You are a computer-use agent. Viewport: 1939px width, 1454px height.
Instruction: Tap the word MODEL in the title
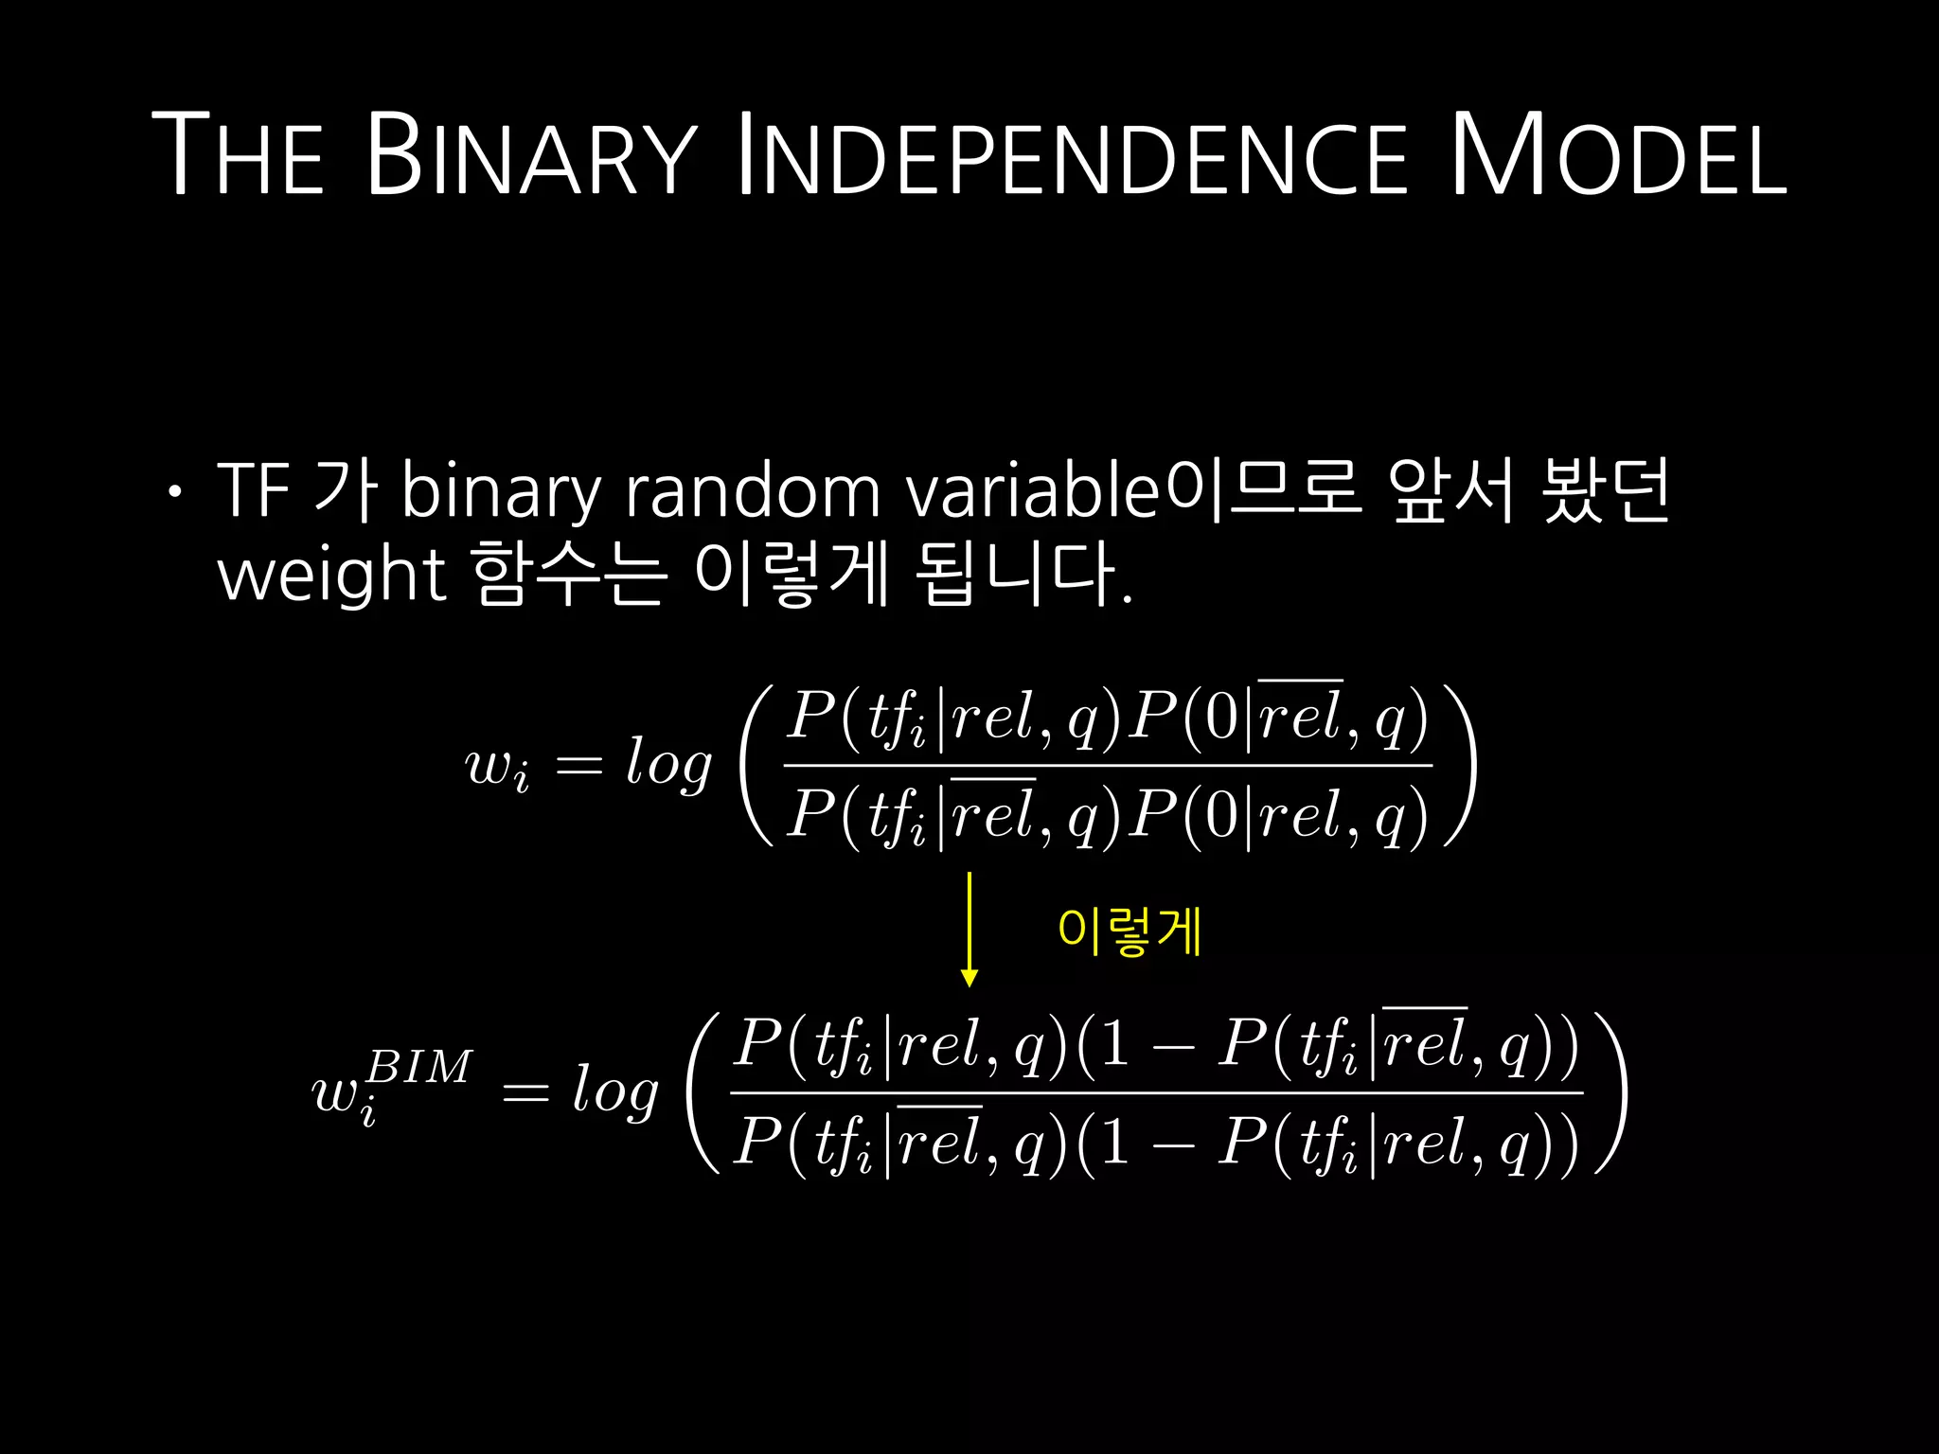coord(1618,155)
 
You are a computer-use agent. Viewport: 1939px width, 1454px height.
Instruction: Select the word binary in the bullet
coord(501,492)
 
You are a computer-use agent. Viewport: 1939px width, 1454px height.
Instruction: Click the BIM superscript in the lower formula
coord(418,1068)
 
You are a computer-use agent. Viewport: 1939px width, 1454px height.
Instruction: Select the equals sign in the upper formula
coord(578,765)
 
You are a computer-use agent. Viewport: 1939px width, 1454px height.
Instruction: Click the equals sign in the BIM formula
coord(525,1093)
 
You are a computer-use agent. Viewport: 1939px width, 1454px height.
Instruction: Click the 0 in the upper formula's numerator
coord(1220,718)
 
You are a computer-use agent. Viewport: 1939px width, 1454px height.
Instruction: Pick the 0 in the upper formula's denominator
coord(1220,816)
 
